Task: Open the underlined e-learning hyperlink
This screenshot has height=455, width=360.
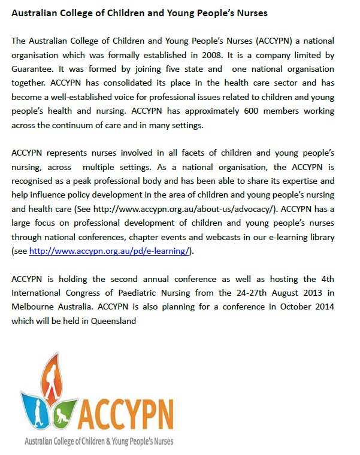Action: coord(110,252)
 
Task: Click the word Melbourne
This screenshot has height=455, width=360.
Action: coord(36,307)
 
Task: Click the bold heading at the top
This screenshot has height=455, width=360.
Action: coord(140,13)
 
